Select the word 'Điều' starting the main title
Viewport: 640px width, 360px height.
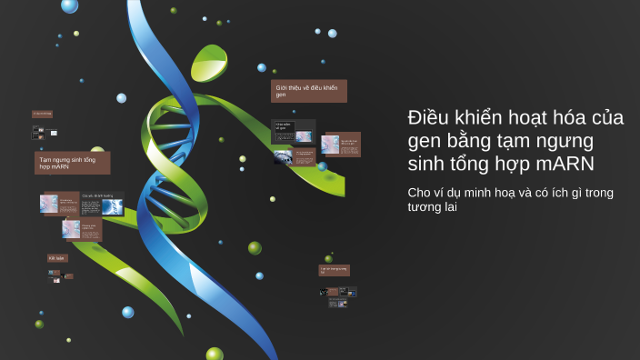pos(429,118)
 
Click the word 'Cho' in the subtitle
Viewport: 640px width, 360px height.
pos(421,192)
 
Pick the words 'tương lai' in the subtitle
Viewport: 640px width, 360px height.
pos(432,207)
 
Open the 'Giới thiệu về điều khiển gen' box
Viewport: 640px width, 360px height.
pos(308,91)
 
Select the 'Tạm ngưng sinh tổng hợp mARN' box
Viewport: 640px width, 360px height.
pos(72,163)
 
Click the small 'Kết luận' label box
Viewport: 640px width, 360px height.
pos(57,258)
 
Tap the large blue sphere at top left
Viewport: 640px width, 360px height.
pos(69,5)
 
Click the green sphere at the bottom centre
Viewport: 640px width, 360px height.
pos(215,354)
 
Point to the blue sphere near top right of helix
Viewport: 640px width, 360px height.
pos(333,34)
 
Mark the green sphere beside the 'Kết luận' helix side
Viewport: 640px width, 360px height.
pos(255,247)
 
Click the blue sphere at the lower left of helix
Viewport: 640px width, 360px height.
pos(128,312)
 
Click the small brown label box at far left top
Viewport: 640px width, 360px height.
pos(42,114)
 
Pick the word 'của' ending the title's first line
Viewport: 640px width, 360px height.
pos(606,118)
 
